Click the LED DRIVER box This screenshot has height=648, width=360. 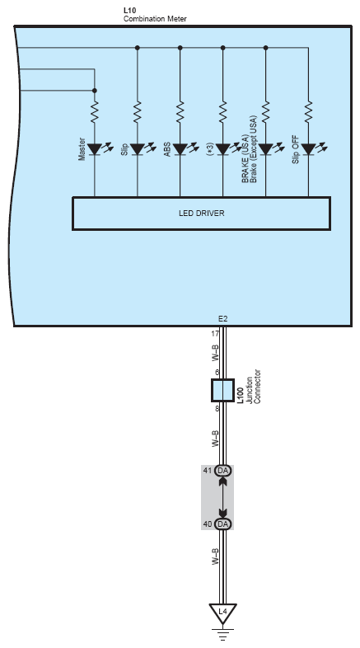click(202, 214)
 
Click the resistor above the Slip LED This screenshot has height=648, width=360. click(138, 111)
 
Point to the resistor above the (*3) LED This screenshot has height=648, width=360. click(223, 111)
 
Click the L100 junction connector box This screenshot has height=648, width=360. click(223, 390)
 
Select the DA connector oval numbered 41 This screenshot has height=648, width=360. click(223, 470)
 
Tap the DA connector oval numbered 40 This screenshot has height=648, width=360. click(223, 524)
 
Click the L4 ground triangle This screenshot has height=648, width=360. click(223, 613)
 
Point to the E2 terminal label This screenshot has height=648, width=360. click(223, 318)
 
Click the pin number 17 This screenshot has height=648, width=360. click(215, 334)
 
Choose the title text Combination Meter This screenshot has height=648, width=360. click(155, 19)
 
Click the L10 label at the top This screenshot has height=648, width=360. click(129, 11)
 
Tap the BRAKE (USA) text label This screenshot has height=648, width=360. click(245, 158)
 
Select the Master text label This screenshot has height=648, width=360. click(82, 149)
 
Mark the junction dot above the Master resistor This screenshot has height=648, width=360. click(95, 91)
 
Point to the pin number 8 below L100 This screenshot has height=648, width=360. click(217, 409)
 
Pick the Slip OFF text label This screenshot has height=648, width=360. click(296, 149)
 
